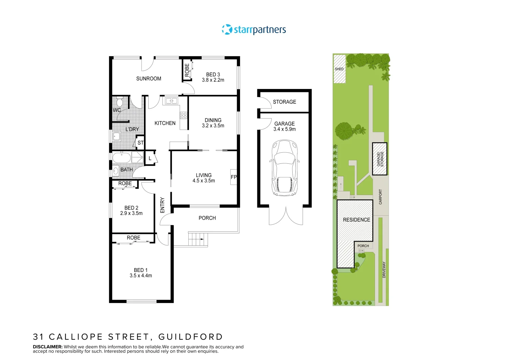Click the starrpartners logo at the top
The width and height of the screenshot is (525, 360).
(254, 30)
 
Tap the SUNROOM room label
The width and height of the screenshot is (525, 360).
(149, 79)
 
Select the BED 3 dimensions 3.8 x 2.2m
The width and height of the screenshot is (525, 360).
(213, 80)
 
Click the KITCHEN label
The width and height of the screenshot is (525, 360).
(165, 123)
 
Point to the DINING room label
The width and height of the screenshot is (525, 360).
(213, 120)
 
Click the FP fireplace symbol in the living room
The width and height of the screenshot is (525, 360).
(234, 177)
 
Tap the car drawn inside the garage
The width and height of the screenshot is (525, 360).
(284, 168)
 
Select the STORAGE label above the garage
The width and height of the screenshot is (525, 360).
(284, 102)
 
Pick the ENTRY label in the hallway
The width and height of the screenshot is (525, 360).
(162, 205)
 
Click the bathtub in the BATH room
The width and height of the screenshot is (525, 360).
(121, 157)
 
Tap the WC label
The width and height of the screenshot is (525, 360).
(117, 110)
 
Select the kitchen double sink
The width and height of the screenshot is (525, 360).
(171, 100)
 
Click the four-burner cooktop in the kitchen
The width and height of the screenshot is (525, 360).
(184, 115)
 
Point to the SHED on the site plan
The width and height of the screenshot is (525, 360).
(339, 69)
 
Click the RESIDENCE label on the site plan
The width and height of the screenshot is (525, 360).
(356, 220)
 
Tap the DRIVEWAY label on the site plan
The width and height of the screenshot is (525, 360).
(384, 269)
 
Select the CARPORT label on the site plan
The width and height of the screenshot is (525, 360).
(381, 197)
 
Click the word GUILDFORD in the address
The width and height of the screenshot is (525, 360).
(190, 337)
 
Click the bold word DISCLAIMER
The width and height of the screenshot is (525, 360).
(48, 347)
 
